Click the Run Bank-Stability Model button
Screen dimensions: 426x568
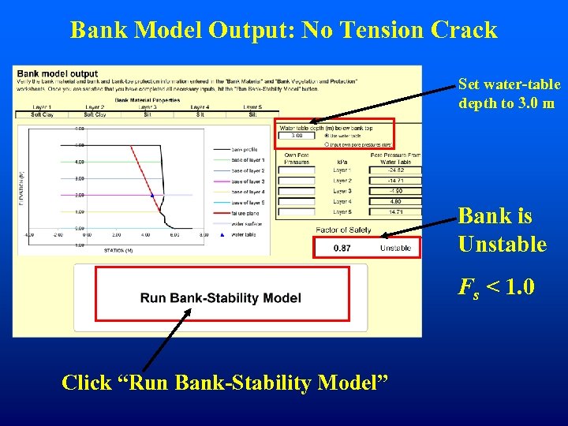[221, 297]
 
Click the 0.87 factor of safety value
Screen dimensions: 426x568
[343, 248]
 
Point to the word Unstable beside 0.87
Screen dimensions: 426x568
[395, 248]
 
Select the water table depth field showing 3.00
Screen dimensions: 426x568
[297, 136]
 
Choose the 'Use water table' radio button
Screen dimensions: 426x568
[327, 136]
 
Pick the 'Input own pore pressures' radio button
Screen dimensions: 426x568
[327, 144]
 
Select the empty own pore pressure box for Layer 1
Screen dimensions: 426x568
[297, 170]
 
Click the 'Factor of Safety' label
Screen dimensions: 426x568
[343, 230]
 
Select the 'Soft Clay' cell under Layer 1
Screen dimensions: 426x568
[41, 114]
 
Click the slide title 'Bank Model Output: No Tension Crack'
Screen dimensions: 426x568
[283, 30]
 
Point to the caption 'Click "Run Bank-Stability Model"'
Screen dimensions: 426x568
[225, 383]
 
